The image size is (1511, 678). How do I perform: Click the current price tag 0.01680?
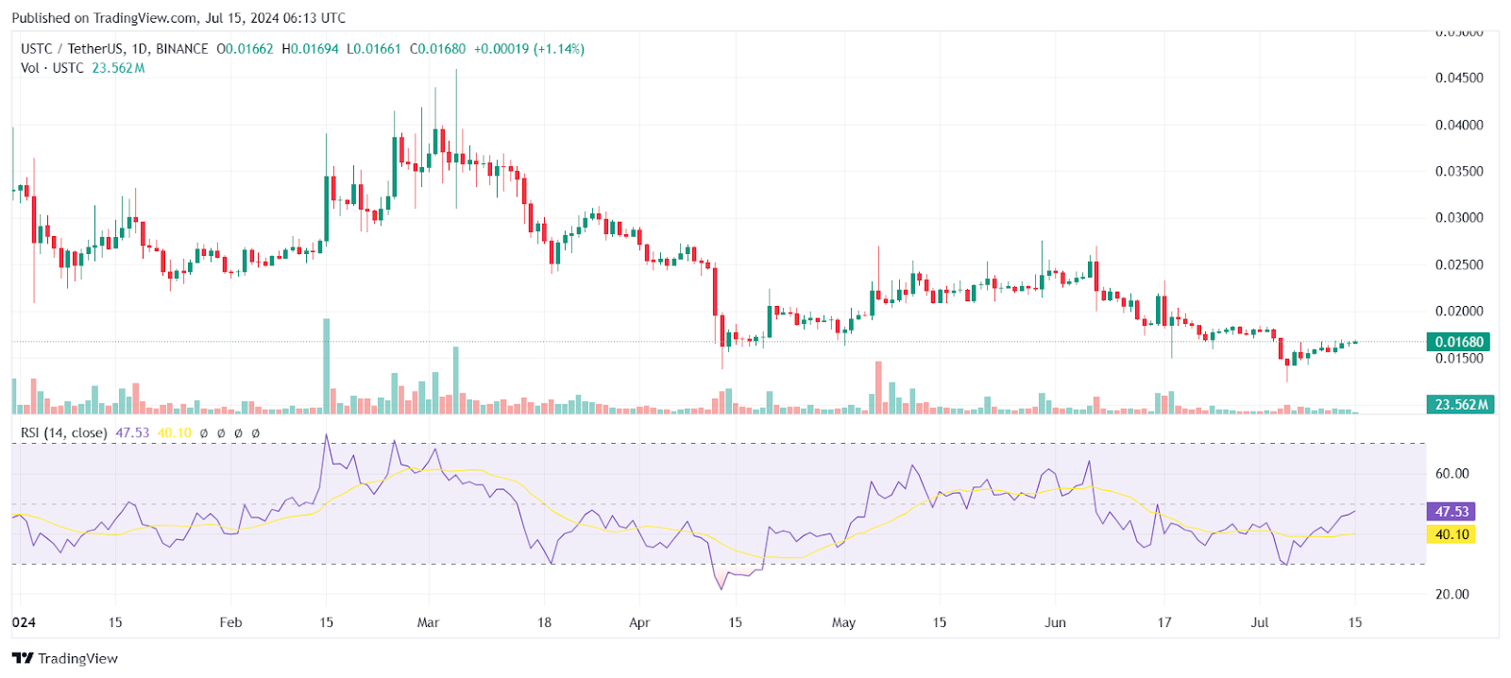pos(1459,342)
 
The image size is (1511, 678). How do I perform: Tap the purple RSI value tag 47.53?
pos(1452,511)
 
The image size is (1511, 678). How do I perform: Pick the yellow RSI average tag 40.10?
pos(1452,534)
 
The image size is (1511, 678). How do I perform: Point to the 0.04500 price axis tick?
pos(1459,78)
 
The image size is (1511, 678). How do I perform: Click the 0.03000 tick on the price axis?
pos(1459,218)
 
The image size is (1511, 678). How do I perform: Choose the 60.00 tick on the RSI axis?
pos(1452,474)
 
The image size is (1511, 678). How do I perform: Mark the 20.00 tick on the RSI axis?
pos(1452,594)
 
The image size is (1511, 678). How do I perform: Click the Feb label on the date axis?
pos(230,622)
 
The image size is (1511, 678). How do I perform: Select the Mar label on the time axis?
pos(428,622)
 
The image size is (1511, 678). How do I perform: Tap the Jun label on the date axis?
pos(1055,622)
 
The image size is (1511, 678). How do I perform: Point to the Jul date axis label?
pos(1259,622)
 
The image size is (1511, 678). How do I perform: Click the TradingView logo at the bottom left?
pos(65,658)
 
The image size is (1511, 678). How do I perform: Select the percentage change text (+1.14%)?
pos(559,49)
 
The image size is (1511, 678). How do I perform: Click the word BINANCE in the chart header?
pos(181,49)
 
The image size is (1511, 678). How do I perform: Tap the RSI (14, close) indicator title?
pos(63,432)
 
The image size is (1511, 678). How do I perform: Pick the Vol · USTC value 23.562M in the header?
pos(118,68)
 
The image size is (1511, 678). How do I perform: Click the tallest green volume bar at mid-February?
pos(327,368)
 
